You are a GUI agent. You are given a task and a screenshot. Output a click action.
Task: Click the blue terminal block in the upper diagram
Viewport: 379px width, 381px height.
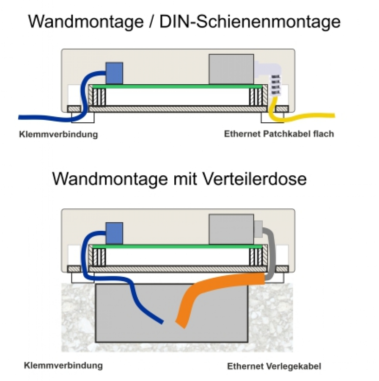[114, 73]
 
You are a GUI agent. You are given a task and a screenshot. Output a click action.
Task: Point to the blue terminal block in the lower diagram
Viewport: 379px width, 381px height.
[114, 233]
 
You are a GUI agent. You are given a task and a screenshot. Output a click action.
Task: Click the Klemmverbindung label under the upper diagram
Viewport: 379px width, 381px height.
[58, 135]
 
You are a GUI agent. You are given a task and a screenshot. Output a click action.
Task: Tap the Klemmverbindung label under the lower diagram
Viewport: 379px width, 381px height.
[63, 365]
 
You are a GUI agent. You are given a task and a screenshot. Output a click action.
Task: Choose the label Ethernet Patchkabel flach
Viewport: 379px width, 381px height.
[279, 134]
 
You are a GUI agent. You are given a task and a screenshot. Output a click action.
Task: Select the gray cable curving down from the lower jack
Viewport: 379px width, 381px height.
[268, 254]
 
